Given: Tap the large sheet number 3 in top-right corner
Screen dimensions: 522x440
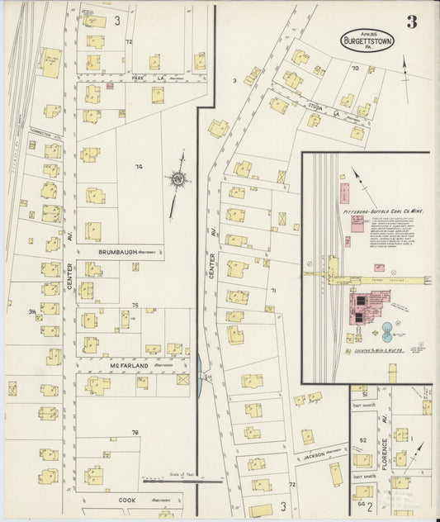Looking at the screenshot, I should [x=410, y=21].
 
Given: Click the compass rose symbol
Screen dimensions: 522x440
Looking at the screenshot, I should [x=177, y=178].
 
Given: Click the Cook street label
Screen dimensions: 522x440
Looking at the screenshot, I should [x=126, y=500].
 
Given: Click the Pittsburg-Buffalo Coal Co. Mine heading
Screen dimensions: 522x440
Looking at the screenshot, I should [x=389, y=212].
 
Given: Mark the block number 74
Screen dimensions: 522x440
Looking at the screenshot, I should [x=139, y=167].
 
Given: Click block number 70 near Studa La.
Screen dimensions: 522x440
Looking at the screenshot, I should [x=355, y=69].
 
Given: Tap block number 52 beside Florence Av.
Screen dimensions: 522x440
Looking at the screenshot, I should [x=363, y=440].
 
